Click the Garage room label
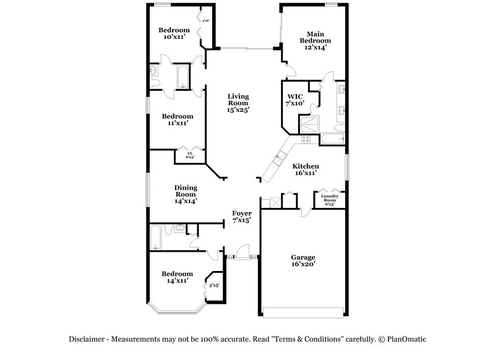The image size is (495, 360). click(303, 260)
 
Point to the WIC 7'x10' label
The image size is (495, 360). click(296, 100)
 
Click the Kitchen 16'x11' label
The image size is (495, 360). click(305, 170)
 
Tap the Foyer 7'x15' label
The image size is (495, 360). click(241, 216)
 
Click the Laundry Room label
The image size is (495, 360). click(329, 200)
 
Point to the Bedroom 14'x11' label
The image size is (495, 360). click(177, 277)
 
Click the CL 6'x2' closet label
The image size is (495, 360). click(191, 155)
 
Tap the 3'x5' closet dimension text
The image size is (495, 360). click(214, 285)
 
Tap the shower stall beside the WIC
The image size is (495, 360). click(308, 126)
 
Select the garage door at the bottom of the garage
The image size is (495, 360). click(303, 310)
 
